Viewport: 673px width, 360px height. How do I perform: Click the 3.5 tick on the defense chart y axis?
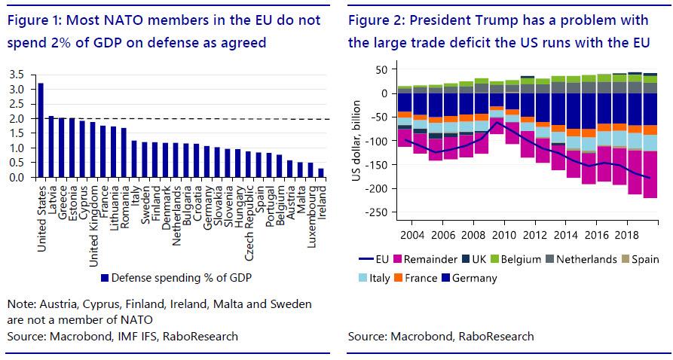[17, 75]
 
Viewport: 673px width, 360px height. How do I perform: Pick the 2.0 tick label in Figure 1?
[17, 119]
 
